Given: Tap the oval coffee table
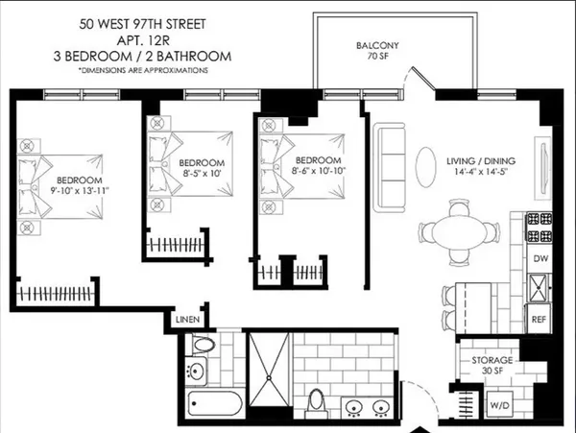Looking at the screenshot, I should [427, 169].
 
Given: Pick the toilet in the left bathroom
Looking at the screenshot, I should [201, 345].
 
